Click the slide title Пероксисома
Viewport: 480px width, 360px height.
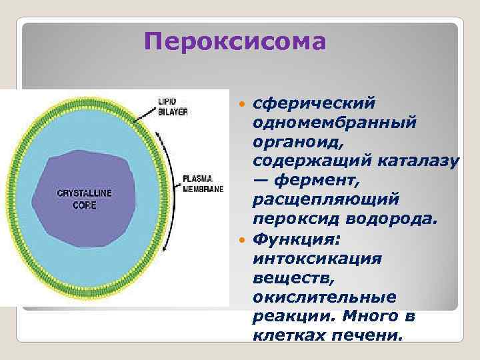click(x=235, y=43)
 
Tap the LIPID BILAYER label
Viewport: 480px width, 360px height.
click(x=172, y=107)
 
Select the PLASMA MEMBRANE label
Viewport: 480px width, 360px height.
click(x=203, y=184)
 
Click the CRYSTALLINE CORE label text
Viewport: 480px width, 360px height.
click(x=83, y=199)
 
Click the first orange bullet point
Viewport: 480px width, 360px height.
click(x=244, y=105)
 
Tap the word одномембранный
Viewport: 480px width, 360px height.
click(x=334, y=123)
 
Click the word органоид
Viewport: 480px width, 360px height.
click(x=293, y=142)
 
